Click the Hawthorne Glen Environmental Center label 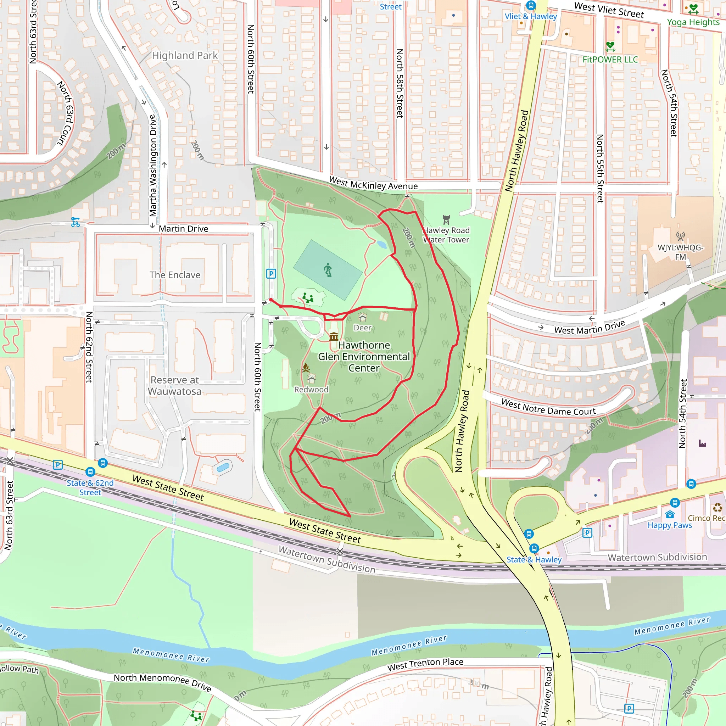tap(364, 356)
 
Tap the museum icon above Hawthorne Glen tap(334, 336)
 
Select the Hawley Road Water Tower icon tap(446, 219)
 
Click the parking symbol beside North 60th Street tap(271, 274)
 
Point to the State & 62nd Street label tap(90, 487)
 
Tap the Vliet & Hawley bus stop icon tap(531, 5)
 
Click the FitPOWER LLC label tap(610, 59)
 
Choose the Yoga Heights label tap(693, 22)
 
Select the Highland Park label tap(184, 56)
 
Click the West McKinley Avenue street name tap(373, 183)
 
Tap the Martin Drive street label tap(183, 229)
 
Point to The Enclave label tap(175, 275)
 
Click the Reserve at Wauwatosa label tap(175, 386)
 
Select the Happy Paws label tap(669, 525)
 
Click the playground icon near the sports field tap(308, 298)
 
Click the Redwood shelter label tap(311, 390)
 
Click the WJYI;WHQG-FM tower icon tap(680, 236)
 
